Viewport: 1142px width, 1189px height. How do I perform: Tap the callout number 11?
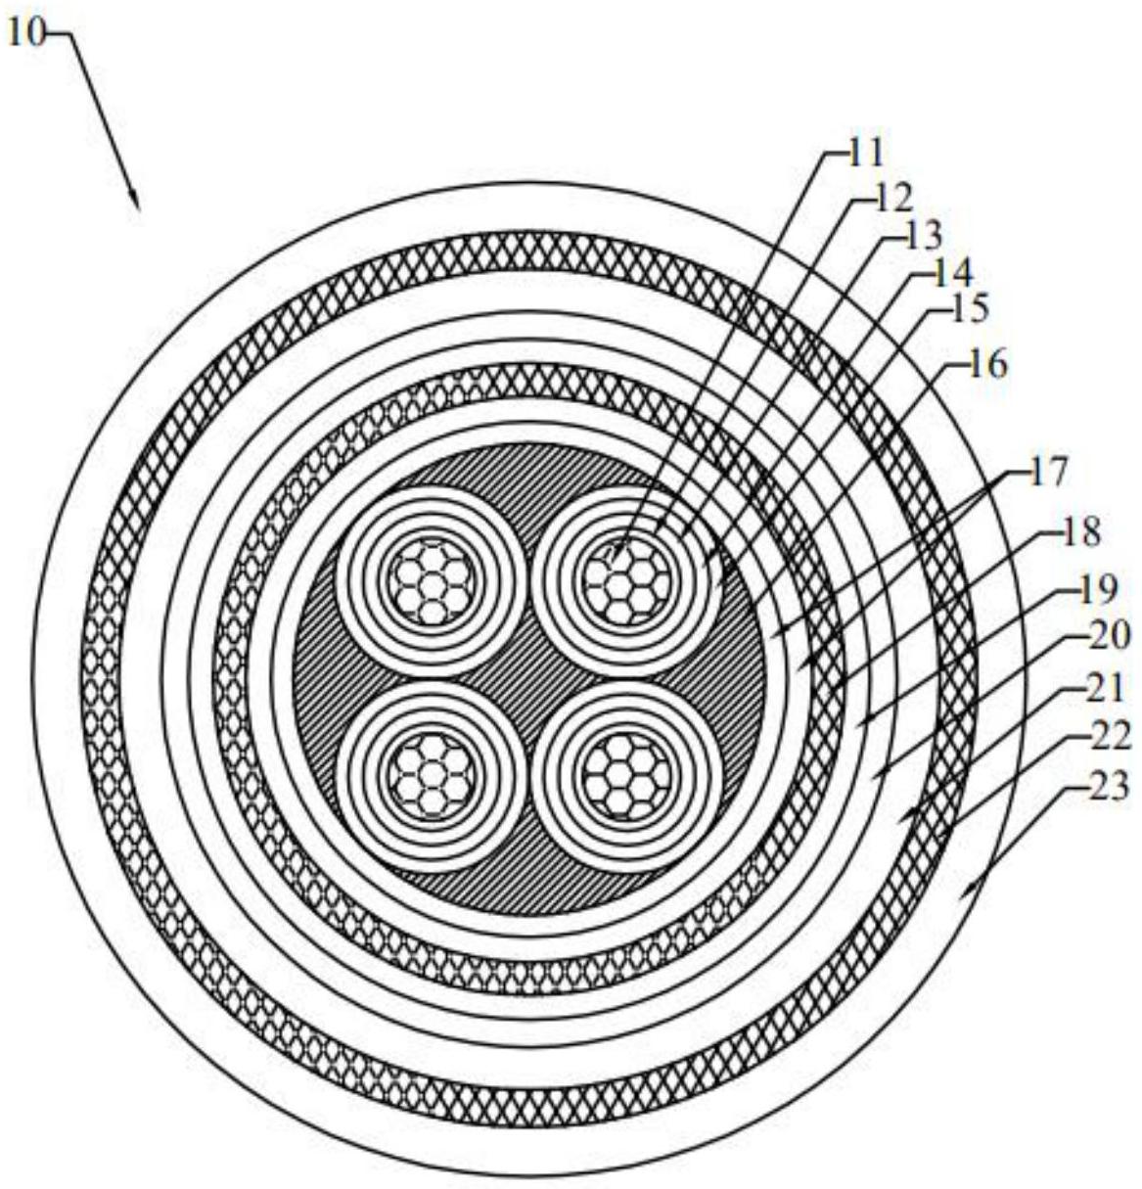tap(865, 153)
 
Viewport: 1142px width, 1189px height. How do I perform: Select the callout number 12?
tap(891, 197)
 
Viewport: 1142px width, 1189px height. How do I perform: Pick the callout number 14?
tap(951, 271)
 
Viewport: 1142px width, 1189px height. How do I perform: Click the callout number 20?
tap(1109, 636)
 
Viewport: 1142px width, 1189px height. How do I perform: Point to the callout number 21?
tap(1109, 689)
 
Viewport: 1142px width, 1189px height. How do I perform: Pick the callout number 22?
tap(1109, 736)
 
